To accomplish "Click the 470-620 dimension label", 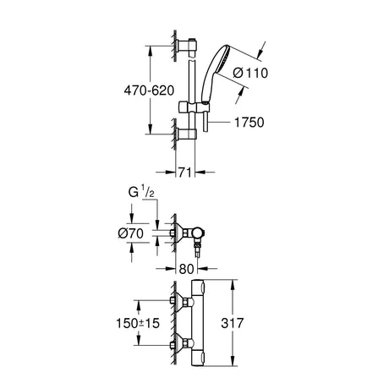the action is click(149, 90).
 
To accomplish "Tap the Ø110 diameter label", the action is click(250, 73).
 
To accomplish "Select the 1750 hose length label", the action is click(249, 123).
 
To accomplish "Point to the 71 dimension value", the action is click(185, 172).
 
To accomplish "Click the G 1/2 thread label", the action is click(141, 193).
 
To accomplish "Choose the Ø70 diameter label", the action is click(131, 233).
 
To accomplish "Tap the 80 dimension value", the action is click(187, 269).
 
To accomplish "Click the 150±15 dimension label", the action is click(138, 323).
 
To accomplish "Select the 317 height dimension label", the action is click(233, 323).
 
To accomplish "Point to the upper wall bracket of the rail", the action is click(186, 47).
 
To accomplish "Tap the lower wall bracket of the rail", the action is click(187, 134).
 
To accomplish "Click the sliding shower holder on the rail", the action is click(194, 107).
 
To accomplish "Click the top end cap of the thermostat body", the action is click(198, 287).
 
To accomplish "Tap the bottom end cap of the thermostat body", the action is click(198, 359).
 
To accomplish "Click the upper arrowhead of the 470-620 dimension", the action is click(151, 51).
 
